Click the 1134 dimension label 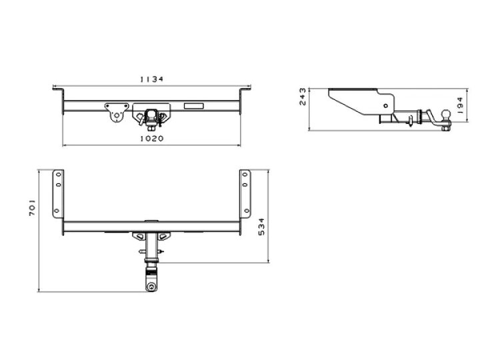[x=152, y=79]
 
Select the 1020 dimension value [x=152, y=139]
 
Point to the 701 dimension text [x=33, y=208]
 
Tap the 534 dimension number [x=261, y=227]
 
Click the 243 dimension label [x=303, y=97]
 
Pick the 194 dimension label [x=460, y=106]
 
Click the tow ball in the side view [x=446, y=115]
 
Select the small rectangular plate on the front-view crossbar [x=194, y=106]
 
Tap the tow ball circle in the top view [x=151, y=287]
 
